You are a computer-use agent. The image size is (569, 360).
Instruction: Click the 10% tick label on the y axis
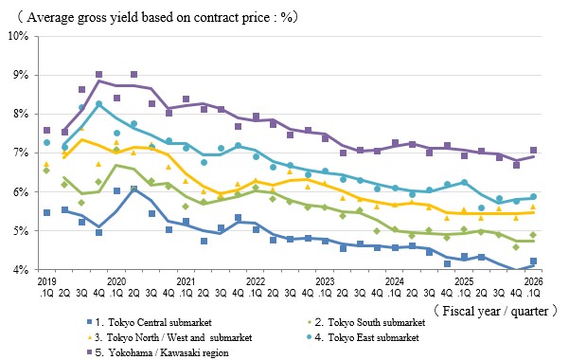[18, 36]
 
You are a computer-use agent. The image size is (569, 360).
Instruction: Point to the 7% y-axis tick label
[21, 153]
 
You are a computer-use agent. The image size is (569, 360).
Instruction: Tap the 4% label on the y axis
[21, 270]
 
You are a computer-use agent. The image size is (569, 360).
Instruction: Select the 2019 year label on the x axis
[46, 281]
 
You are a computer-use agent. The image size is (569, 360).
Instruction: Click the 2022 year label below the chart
[256, 281]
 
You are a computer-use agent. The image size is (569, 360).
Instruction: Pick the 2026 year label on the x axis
[533, 281]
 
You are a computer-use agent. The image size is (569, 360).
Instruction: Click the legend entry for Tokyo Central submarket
[150, 322]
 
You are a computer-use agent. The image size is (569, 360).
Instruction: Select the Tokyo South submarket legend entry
[365, 322]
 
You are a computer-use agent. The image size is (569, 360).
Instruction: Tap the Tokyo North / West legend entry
[169, 337]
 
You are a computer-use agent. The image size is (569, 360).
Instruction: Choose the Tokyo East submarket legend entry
[363, 337]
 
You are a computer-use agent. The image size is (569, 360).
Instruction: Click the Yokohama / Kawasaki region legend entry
[157, 352]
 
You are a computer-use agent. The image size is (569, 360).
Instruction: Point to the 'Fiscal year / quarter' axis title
[495, 311]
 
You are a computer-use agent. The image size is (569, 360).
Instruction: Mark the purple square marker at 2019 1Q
[46, 130]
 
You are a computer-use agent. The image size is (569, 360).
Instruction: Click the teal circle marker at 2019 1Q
[46, 142]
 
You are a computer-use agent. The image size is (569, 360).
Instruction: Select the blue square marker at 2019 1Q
[46, 212]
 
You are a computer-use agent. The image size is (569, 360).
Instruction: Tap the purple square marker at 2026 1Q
[533, 150]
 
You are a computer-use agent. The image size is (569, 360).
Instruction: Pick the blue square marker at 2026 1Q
[533, 261]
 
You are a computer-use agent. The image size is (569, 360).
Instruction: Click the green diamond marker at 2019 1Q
[46, 170]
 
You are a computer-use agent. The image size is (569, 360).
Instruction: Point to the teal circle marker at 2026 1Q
[533, 196]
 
